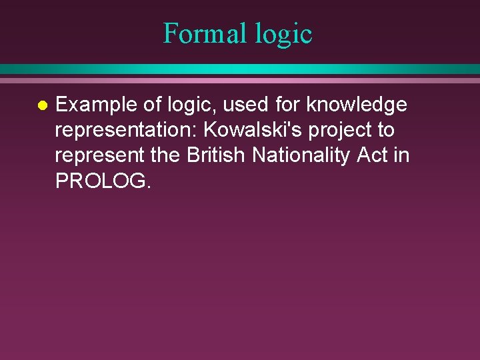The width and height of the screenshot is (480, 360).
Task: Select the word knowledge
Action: pyautogui.click(x=357, y=105)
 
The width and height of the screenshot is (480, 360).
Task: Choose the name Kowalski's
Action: pyautogui.click(x=251, y=130)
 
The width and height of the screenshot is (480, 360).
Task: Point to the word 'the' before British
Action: pyautogui.click(x=166, y=155)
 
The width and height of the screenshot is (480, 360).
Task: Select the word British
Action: pyautogui.click(x=217, y=155)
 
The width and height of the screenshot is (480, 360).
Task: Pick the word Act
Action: pyautogui.click(x=373, y=155)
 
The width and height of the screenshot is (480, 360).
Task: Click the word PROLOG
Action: pyautogui.click(x=102, y=181)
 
